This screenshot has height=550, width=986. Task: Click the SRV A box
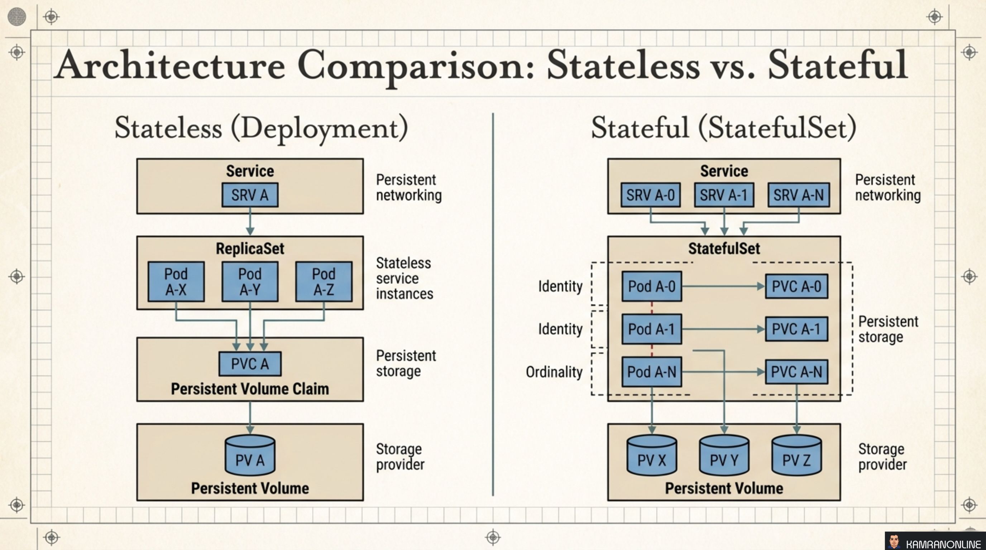tap(250, 195)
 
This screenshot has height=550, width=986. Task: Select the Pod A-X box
tap(176, 281)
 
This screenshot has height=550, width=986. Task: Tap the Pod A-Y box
tap(250, 281)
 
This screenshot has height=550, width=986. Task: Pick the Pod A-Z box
tap(324, 281)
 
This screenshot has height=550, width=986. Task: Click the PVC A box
tap(250, 363)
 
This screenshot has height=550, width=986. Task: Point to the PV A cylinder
tap(250, 456)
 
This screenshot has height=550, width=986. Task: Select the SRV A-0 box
tap(650, 195)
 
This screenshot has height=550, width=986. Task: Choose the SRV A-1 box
tap(724, 195)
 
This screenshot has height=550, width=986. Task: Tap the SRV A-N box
tap(799, 195)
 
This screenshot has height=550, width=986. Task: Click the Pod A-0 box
tap(651, 286)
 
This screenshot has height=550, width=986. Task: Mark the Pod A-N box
tap(651, 372)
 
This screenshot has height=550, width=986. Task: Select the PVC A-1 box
tap(796, 329)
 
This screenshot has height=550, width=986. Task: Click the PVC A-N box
tap(796, 372)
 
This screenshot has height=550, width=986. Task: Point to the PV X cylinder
tap(651, 456)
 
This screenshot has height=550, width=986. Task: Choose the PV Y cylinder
tap(724, 456)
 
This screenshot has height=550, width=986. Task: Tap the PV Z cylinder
tap(796, 456)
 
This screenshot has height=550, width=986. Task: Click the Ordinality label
tap(554, 372)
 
